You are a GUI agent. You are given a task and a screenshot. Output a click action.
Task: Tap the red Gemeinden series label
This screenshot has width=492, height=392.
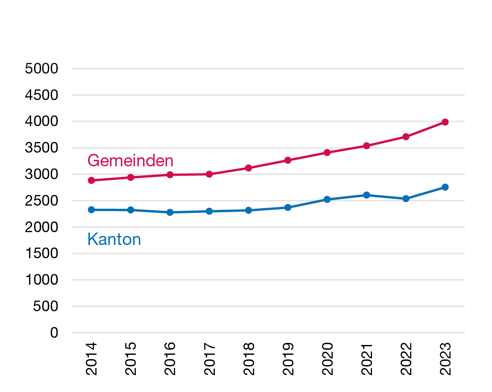[x=130, y=161]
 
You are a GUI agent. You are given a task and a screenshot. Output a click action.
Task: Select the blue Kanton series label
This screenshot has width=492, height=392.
[x=114, y=239]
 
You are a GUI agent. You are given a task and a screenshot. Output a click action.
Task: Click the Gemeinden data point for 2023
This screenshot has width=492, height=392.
[x=445, y=122]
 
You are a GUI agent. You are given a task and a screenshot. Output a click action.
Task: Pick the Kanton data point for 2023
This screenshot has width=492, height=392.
[x=445, y=187]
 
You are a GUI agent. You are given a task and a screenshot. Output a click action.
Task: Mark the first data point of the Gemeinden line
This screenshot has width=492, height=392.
[x=91, y=180]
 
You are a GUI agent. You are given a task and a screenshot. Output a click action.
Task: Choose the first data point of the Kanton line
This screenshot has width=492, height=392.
[x=91, y=209]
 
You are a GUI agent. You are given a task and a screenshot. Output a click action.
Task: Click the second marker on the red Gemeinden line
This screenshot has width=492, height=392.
[x=131, y=177]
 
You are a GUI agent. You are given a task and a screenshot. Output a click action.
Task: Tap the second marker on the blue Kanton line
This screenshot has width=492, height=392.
[x=131, y=209]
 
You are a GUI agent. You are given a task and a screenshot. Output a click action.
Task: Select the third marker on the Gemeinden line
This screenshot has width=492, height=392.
[x=170, y=174]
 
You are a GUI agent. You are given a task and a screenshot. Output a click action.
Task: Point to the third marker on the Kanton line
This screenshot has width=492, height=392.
[x=170, y=212]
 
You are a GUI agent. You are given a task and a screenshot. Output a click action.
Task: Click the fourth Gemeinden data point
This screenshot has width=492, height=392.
[x=209, y=174]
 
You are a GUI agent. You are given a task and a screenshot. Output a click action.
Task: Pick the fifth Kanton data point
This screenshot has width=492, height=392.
[x=249, y=210]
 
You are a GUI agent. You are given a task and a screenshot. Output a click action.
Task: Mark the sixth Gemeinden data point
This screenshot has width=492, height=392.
[x=288, y=160]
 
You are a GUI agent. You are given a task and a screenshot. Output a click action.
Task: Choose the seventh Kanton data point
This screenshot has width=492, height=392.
[x=327, y=199]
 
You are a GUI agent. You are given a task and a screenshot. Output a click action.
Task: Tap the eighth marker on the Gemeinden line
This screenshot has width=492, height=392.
[x=366, y=146]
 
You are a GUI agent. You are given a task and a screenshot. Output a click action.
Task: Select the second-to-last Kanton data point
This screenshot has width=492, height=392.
[x=406, y=198]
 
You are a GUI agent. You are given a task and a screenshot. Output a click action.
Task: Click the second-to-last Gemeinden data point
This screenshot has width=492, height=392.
[x=406, y=136]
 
